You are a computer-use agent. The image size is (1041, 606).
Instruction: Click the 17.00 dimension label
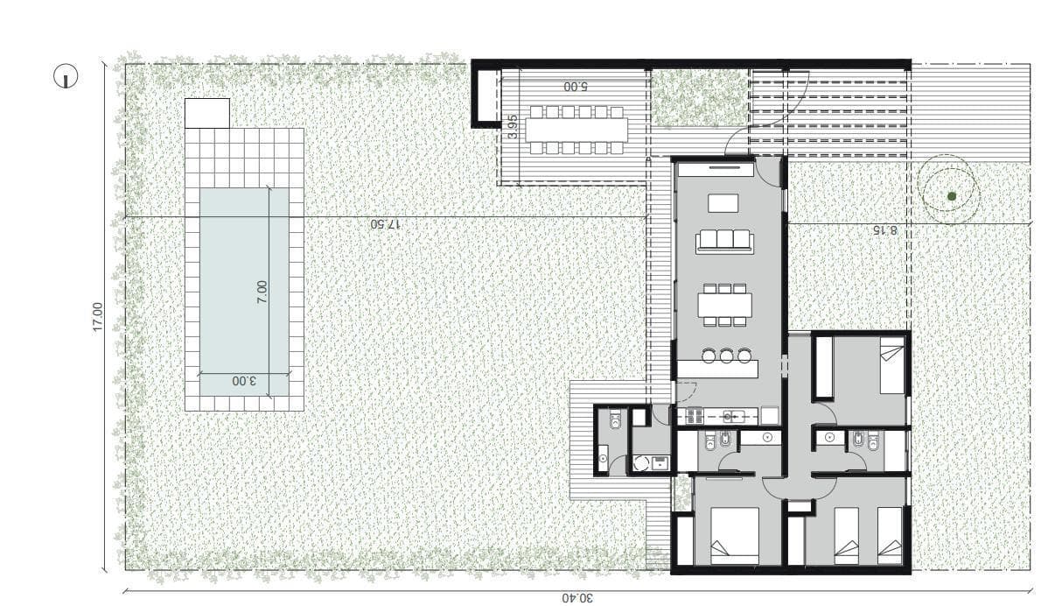[98, 317]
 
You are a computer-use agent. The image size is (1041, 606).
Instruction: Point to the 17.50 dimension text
[385, 224]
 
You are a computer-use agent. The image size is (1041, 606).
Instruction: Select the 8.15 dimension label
[884, 230]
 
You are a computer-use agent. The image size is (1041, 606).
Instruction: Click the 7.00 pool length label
[262, 292]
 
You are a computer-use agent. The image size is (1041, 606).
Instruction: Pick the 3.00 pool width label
[244, 381]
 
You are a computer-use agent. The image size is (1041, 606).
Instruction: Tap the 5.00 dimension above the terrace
[576, 87]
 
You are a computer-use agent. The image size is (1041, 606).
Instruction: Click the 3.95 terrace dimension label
[511, 126]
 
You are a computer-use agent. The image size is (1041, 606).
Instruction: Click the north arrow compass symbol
[65, 75]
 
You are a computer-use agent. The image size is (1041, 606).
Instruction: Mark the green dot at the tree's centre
[952, 196]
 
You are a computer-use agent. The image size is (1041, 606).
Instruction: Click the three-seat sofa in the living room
[724, 241]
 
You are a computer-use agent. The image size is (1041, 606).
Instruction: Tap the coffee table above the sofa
[723, 202]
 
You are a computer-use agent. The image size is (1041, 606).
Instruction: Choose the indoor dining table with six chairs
[724, 305]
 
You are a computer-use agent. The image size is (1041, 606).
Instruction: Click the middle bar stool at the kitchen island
[726, 356]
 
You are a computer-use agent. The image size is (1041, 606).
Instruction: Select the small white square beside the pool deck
[207, 114]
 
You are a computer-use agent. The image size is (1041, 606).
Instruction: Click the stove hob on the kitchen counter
[693, 417]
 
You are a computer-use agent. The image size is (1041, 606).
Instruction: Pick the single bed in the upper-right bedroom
[892, 365]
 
